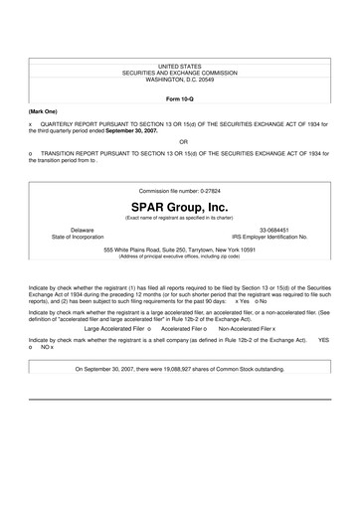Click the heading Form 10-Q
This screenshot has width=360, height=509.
point(180,100)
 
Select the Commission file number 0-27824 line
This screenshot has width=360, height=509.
point(180,190)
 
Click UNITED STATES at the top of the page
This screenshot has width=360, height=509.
point(180,66)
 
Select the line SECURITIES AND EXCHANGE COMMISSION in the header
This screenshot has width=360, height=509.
point(180,73)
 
